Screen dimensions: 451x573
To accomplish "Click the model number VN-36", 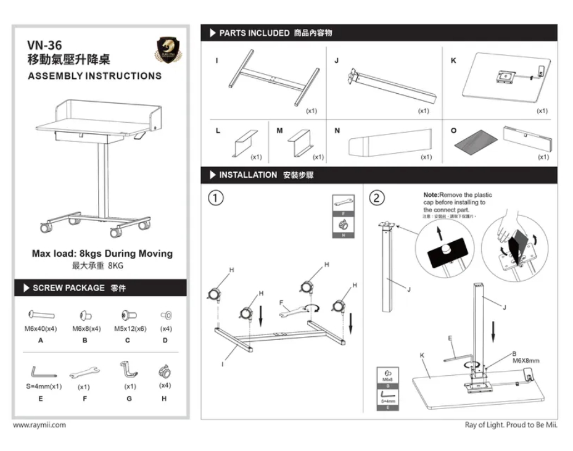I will pyautogui.click(x=46, y=45).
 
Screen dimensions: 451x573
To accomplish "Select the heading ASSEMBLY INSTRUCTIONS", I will pyautogui.click(x=94, y=76).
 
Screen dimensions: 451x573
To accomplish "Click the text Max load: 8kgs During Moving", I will pyautogui.click(x=102, y=254).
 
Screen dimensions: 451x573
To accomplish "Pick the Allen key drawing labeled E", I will pyautogui.click(x=43, y=371).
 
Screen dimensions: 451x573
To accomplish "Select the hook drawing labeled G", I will pyautogui.click(x=128, y=370).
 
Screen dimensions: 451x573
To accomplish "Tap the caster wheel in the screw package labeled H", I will pyautogui.click(x=164, y=372).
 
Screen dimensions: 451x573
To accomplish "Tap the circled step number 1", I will pyautogui.click(x=216, y=198).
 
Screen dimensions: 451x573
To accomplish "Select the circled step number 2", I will pyautogui.click(x=376, y=198).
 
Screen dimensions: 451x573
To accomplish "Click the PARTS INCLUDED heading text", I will pyautogui.click(x=254, y=33).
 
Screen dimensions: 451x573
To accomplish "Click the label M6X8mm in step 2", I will pyautogui.click(x=526, y=361).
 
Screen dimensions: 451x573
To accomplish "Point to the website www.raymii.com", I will pyautogui.click(x=39, y=425).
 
